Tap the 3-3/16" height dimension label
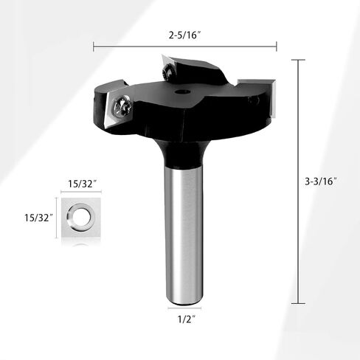coord(320,181)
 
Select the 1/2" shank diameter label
coord(187,319)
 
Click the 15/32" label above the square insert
coord(82,184)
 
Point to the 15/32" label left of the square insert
coord(38,218)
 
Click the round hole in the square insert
coord(81,217)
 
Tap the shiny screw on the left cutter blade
coord(122,108)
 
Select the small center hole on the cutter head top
coord(182,92)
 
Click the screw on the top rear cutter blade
coord(169,72)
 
